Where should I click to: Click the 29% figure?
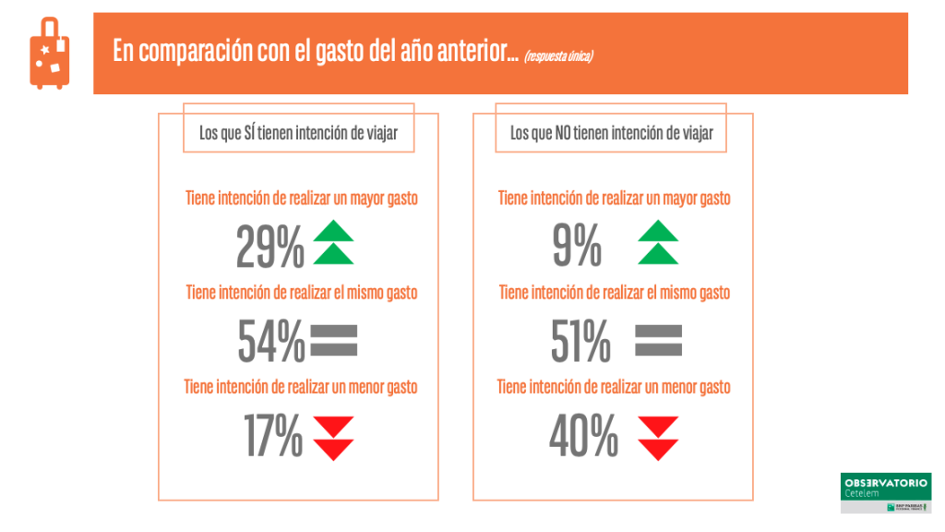click(x=269, y=246)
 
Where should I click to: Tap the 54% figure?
click(x=271, y=341)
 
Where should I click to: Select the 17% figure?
click(x=273, y=436)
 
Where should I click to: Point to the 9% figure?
click(x=577, y=246)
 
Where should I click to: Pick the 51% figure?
click(x=580, y=341)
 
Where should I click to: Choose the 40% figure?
click(x=583, y=436)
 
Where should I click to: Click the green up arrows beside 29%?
click(x=333, y=243)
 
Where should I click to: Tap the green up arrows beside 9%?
click(x=658, y=243)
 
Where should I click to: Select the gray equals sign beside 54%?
click(x=334, y=341)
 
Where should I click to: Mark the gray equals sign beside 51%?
click(x=659, y=341)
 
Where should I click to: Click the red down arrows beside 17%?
click(x=333, y=438)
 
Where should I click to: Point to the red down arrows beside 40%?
click(x=658, y=438)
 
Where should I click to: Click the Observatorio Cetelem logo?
click(x=885, y=493)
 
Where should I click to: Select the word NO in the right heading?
click(x=563, y=133)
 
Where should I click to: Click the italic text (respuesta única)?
click(x=558, y=56)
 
